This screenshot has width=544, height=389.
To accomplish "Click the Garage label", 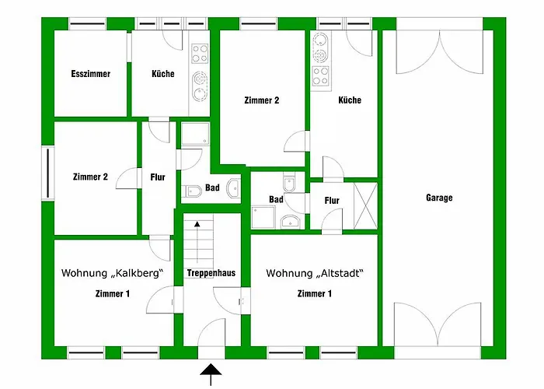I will (x=439, y=198).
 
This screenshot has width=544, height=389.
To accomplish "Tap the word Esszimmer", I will (x=90, y=75).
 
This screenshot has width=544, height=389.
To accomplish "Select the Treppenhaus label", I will (x=211, y=273).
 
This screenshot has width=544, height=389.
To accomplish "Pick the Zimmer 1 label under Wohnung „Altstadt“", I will (x=314, y=293).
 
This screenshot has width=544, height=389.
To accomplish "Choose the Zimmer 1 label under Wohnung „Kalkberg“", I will (x=112, y=293).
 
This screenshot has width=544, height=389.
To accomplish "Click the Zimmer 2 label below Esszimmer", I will (x=90, y=177).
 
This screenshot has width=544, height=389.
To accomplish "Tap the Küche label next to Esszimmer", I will (x=163, y=75).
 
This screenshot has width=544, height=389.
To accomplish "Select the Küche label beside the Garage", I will (x=350, y=100).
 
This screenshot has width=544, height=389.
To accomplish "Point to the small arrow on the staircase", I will (x=197, y=224).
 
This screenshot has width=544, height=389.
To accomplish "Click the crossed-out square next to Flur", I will (x=364, y=202).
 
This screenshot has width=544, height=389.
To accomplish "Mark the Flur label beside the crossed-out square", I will (x=332, y=201).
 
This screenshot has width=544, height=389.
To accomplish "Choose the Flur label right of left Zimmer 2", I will (x=158, y=177).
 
